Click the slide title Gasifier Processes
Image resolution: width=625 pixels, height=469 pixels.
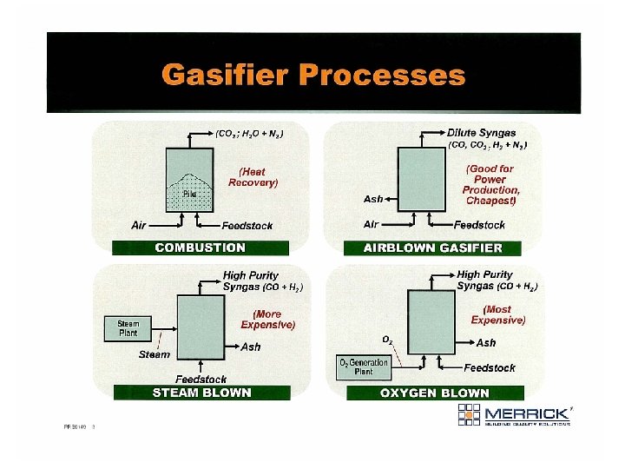[312, 75]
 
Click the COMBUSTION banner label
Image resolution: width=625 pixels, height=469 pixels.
[200, 248]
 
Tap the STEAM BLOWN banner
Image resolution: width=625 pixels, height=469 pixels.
[201, 392]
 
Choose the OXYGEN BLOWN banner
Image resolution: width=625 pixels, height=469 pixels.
[434, 393]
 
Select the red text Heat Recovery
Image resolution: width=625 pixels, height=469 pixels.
[253, 177]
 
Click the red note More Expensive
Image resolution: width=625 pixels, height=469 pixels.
[267, 319]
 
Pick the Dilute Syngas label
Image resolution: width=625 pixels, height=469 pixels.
[481, 133]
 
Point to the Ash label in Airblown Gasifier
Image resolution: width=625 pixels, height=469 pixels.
[373, 199]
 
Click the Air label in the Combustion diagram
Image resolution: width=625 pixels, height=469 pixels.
[138, 225]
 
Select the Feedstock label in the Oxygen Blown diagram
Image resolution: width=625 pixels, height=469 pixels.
[489, 367]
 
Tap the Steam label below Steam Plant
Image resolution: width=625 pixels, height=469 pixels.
[155, 354]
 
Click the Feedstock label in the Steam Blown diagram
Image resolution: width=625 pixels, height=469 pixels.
[201, 379]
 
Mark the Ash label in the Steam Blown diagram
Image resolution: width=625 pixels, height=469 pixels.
[250, 347]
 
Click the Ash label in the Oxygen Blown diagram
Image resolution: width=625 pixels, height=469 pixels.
[486, 343]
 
